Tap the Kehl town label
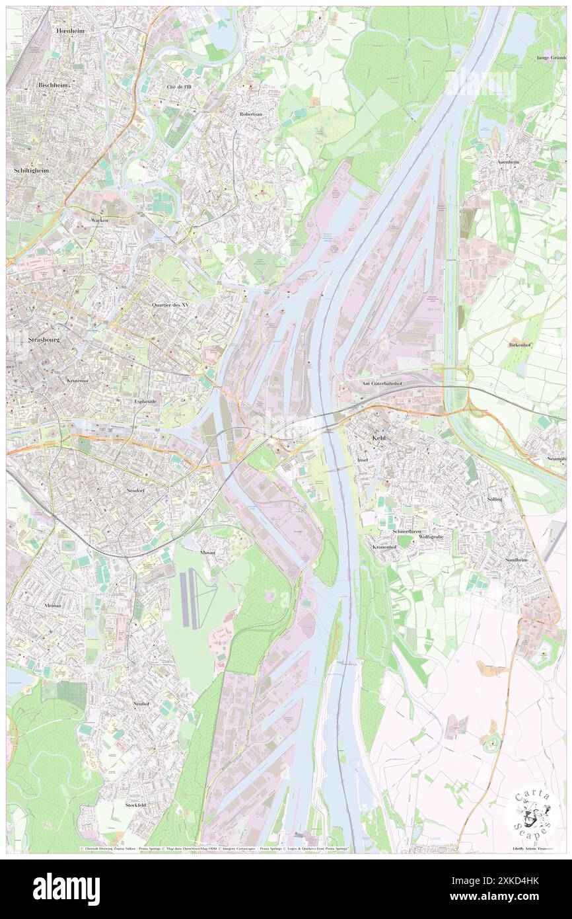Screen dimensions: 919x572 click(378, 438)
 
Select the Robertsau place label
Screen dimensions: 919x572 click(251, 114)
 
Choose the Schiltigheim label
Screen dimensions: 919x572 click(32, 170)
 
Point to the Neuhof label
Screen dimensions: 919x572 click(141, 703)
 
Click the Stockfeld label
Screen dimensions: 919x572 click(135, 805)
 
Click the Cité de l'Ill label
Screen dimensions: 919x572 click(179, 87)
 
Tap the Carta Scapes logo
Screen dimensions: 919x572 click(532, 811)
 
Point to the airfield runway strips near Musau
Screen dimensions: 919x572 click(191, 599)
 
